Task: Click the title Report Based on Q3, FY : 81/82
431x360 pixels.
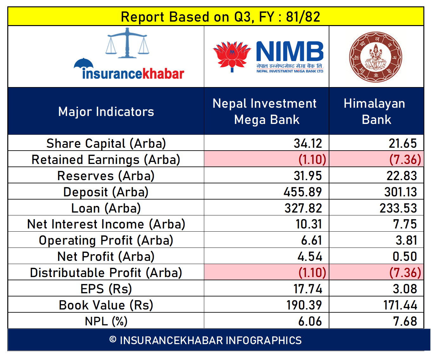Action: pos(220,17)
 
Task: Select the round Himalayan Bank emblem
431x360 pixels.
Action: pos(375,57)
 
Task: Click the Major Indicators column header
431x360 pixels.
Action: pos(106,112)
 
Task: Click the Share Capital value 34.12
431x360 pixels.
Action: pos(308,143)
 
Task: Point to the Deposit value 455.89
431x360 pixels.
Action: pos(303,192)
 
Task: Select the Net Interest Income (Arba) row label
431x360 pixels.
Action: pos(106,224)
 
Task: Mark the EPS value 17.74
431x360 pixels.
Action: pos(307,289)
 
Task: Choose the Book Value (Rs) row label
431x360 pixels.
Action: pos(106,305)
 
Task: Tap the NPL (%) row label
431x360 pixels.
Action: pos(106,322)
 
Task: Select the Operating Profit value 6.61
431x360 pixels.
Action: pos(311,241)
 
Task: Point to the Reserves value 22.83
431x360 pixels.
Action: pos(401,176)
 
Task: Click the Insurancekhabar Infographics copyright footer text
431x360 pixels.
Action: pos(205,340)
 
